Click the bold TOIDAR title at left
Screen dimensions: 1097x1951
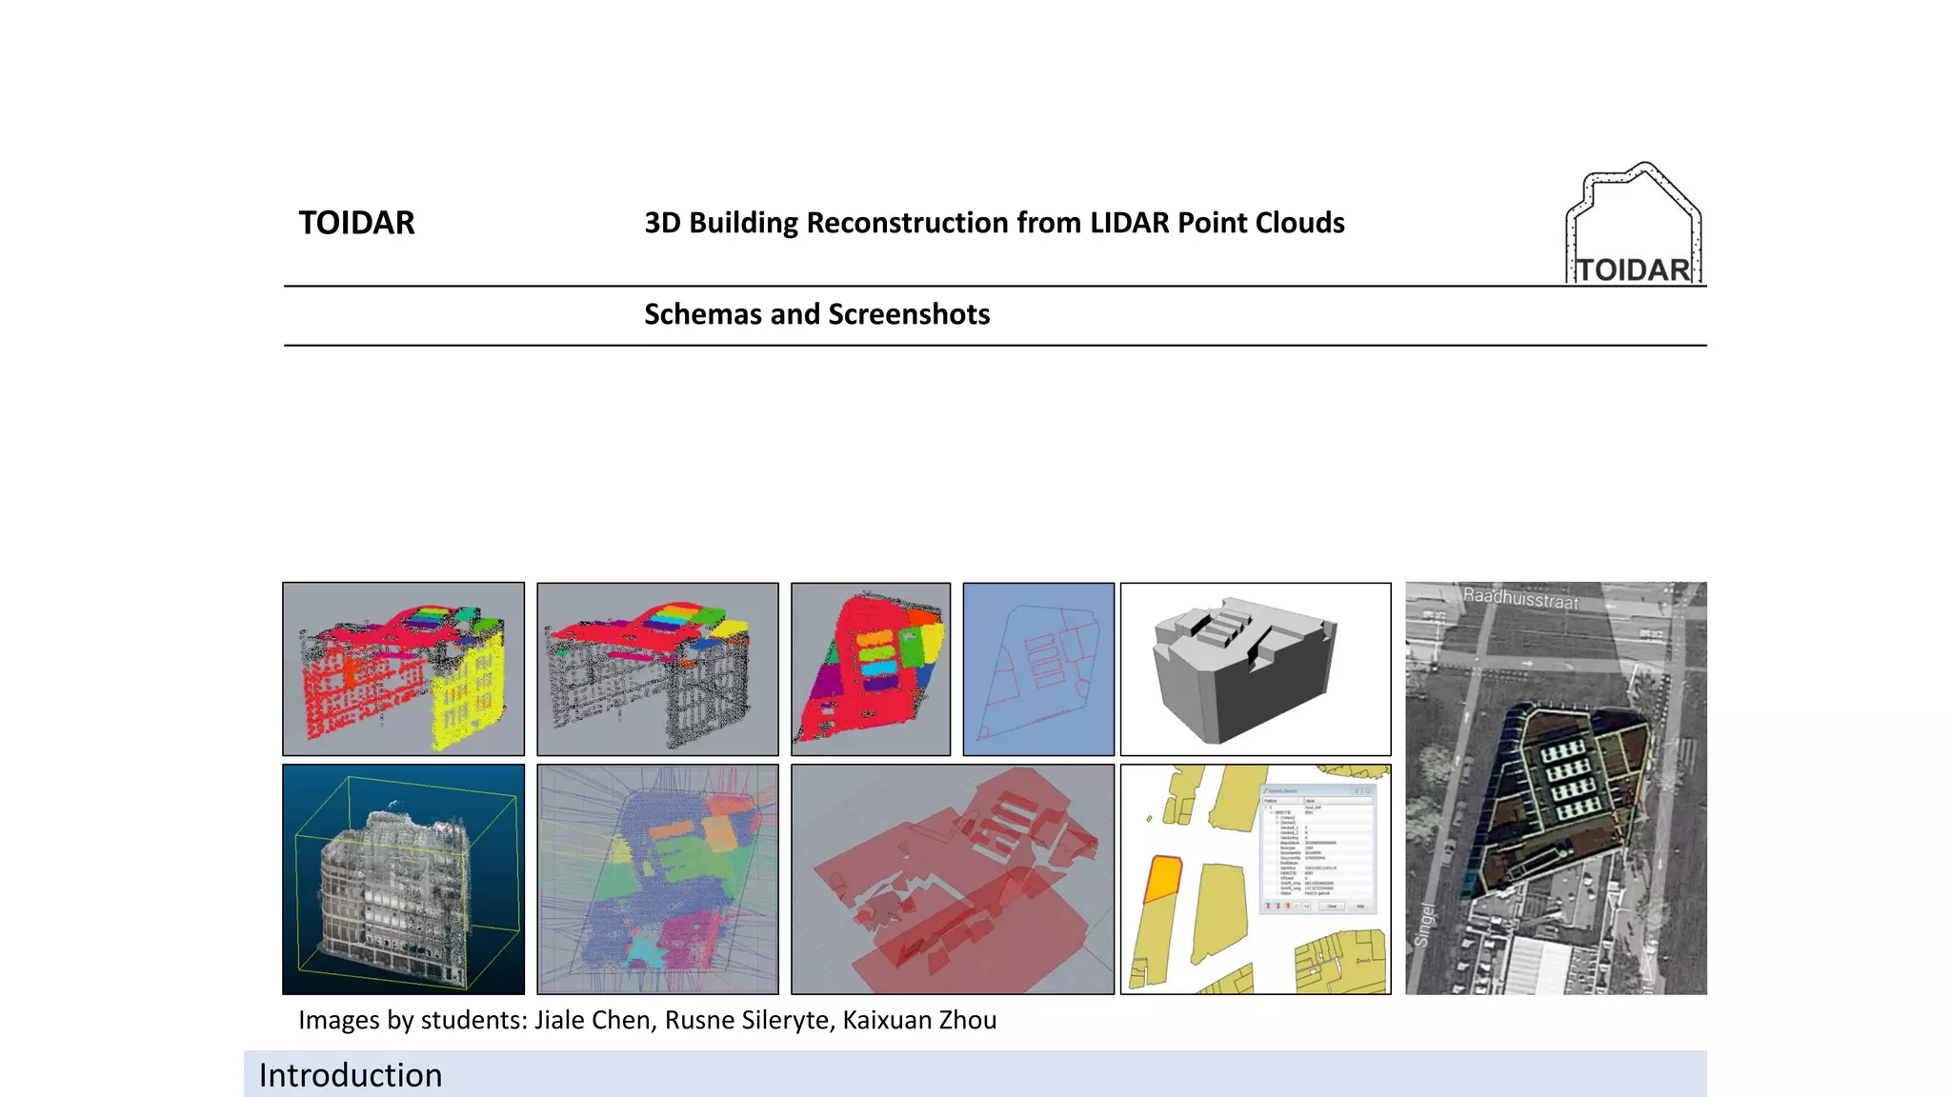pos(356,223)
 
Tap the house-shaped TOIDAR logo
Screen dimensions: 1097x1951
pos(1634,225)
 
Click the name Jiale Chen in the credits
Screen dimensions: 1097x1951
pos(593,1020)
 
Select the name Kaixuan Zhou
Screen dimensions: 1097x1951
pos(919,1020)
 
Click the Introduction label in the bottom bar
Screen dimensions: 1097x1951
pos(351,1075)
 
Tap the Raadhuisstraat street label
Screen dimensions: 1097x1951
pos(1520,599)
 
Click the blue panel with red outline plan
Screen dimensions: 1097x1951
pos(1038,669)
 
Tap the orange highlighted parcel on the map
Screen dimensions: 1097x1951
pos(1162,878)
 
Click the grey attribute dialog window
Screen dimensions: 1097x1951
pos(1317,849)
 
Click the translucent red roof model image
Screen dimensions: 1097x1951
pos(953,879)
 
